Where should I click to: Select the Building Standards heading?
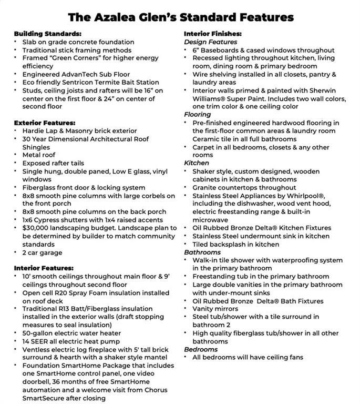(x=48, y=33)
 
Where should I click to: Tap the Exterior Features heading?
(x=45, y=123)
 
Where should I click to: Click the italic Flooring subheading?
(x=198, y=115)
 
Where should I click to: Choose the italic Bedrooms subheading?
(x=201, y=349)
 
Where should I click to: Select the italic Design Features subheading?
(x=210, y=42)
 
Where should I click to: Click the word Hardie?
(x=34, y=130)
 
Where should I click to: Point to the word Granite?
(x=207, y=187)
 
